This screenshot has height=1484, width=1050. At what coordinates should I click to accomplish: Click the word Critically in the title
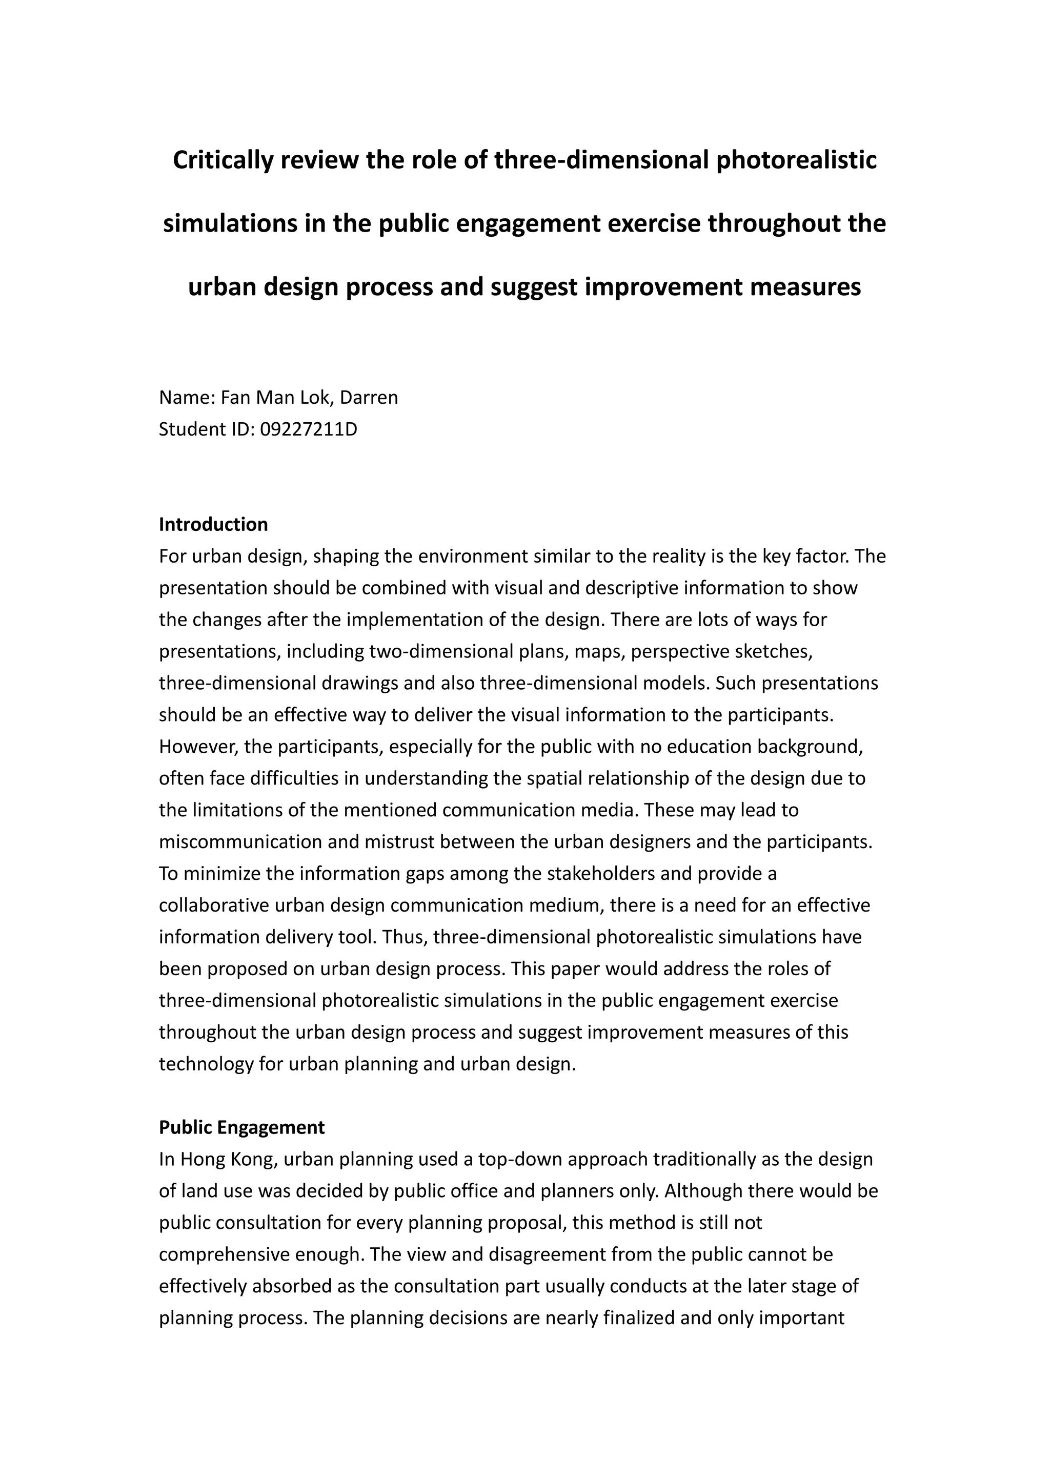click(223, 160)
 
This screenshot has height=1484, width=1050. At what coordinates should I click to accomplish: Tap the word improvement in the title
click(662, 286)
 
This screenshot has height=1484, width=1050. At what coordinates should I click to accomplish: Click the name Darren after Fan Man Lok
click(369, 398)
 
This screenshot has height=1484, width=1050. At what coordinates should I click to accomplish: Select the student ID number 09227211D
click(309, 429)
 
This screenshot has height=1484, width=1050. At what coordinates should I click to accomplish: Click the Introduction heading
click(213, 524)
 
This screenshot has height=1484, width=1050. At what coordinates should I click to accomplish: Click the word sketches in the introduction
click(773, 651)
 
